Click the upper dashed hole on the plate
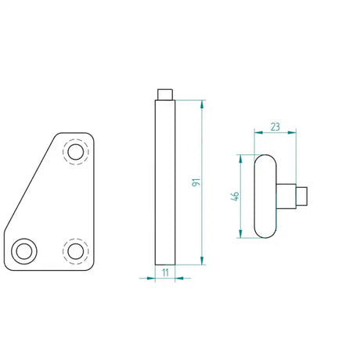tap(76, 151)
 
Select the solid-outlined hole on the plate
tap(23, 251)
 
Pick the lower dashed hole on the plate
tap(76, 251)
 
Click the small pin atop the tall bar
tap(164, 95)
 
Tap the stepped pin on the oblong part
tap(298, 196)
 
